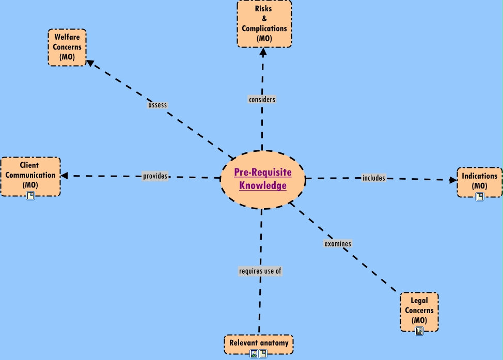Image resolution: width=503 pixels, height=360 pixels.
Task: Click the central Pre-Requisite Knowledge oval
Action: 263,179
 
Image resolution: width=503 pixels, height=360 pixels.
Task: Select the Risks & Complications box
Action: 264,23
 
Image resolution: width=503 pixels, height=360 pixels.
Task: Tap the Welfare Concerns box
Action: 67,47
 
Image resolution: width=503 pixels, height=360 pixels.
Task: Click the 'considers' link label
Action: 262,99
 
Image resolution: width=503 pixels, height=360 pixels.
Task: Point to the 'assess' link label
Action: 158,105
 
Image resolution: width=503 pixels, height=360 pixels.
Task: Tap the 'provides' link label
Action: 155,176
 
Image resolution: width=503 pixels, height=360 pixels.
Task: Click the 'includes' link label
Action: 374,178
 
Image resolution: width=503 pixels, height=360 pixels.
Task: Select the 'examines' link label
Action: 338,243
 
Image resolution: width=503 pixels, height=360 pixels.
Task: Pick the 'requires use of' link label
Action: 260,271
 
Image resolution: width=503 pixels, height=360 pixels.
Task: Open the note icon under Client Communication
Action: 30,196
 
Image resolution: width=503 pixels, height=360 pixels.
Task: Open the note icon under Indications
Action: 479,197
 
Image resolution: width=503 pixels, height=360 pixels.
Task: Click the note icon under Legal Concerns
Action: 419,331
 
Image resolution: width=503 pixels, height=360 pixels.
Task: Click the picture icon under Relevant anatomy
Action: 254,354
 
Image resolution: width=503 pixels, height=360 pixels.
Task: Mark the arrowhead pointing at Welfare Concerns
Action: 90,63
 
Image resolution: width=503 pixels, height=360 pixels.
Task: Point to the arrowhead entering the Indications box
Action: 453,180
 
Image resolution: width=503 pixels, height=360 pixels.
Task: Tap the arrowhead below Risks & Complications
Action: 263,51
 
